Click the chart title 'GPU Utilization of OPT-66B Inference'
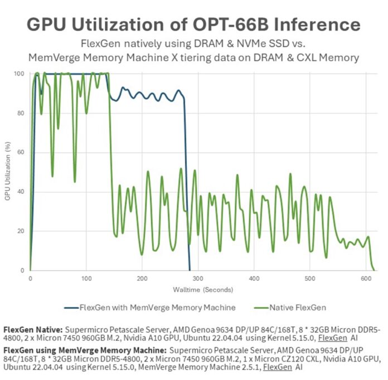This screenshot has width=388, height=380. coord(193,25)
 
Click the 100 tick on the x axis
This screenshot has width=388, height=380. coord(86,277)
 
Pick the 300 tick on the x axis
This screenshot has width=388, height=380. coord(198,277)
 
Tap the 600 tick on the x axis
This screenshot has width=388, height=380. coord(366,277)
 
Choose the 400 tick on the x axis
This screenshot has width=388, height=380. coord(254,277)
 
